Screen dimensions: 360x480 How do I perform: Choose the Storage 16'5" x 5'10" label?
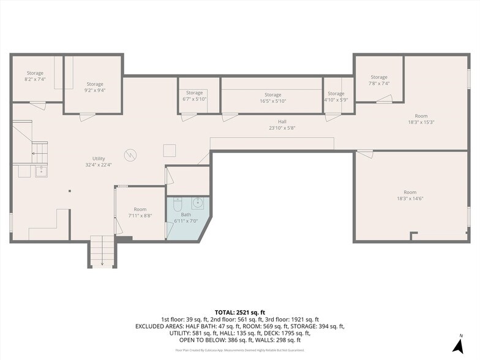(x=272, y=98)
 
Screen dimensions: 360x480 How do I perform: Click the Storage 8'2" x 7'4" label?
(x=35, y=76)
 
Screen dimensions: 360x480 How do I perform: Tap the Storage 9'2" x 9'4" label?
(x=94, y=87)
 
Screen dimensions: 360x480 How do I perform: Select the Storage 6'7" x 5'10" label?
(x=195, y=96)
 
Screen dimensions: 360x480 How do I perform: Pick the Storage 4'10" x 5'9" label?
(x=336, y=96)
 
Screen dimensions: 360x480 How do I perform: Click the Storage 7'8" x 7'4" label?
(x=379, y=80)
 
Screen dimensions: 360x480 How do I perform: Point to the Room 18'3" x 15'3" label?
(x=421, y=119)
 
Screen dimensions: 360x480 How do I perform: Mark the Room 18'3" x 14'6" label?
(x=410, y=195)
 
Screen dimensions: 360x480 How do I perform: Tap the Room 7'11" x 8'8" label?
(x=140, y=212)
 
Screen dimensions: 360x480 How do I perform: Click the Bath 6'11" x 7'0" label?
(x=186, y=218)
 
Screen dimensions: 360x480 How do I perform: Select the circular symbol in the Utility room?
(x=130, y=155)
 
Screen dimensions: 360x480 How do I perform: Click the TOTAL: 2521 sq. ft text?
(x=240, y=312)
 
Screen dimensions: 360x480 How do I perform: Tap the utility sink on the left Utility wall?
(x=41, y=171)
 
